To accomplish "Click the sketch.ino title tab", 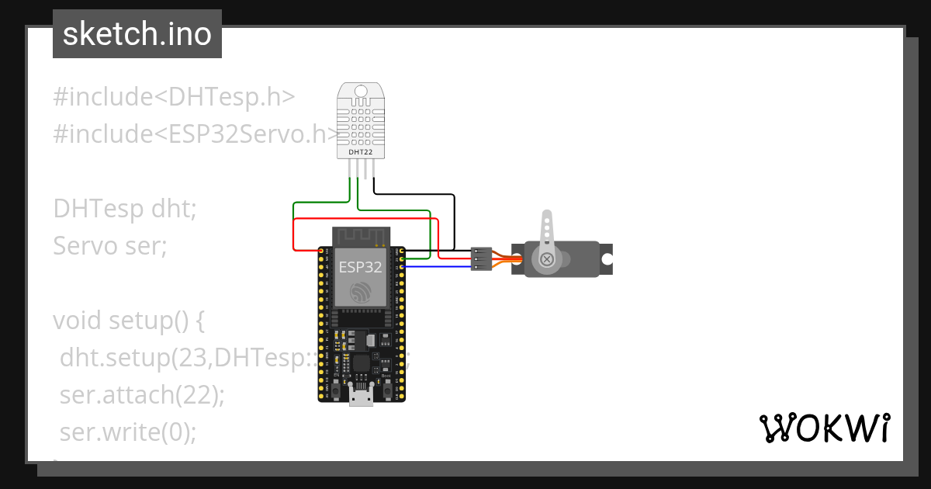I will (137, 34).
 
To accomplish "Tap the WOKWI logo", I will (823, 428).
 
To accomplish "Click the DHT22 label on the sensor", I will (360, 153).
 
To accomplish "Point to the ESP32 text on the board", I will (360, 268).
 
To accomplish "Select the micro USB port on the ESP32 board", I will (360, 398).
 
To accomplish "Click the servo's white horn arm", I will (548, 233).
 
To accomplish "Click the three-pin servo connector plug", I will (481, 258).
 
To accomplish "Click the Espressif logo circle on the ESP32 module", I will (361, 293).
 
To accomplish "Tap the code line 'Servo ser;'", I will (110, 246).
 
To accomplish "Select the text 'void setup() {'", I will (128, 321).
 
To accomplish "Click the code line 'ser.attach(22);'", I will (142, 395).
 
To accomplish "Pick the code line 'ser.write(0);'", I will (128, 432).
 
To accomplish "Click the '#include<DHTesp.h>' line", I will (174, 97).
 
